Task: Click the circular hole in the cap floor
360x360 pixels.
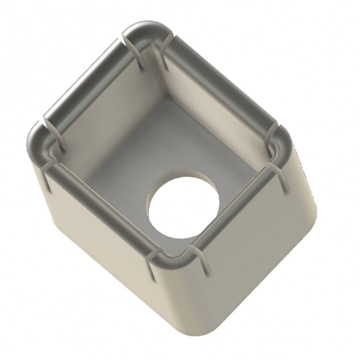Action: coord(183,205)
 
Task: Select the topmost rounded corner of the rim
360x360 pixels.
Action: coord(146,31)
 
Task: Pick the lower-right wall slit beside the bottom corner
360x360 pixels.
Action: coord(200,260)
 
